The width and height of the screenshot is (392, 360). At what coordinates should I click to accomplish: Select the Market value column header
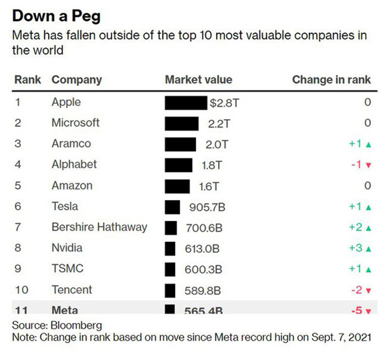[x=198, y=79]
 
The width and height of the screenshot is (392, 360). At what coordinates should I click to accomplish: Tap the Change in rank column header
[x=331, y=79]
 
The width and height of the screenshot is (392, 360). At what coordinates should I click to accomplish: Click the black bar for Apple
[x=186, y=102]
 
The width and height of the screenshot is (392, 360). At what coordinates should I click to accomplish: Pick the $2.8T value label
[x=223, y=103]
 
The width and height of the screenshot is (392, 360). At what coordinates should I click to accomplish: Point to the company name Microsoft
[x=75, y=122]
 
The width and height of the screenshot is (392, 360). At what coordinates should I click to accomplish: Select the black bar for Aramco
[x=180, y=144]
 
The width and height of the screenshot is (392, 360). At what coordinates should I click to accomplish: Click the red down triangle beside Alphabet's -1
[x=369, y=165]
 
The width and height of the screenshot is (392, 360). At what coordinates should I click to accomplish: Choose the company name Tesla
[x=65, y=206]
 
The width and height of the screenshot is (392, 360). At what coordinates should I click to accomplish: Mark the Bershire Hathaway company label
[x=99, y=227]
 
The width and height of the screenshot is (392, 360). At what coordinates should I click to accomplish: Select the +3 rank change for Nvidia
[x=355, y=248]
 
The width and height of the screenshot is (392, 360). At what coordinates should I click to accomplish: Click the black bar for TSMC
[x=170, y=269]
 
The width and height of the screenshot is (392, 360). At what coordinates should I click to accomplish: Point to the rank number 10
[x=21, y=289]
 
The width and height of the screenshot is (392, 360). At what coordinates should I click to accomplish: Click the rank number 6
[x=18, y=206]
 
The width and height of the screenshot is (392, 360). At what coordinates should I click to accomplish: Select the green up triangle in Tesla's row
[x=368, y=207]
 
